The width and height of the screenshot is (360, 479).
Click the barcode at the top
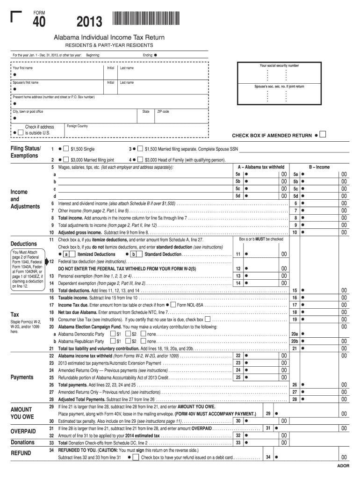[146, 19]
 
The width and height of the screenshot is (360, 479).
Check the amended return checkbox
[322, 135]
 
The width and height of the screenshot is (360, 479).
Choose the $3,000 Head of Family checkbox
[141, 160]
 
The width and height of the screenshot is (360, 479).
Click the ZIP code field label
[163, 112]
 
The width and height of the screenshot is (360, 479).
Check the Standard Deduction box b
[133, 254]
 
